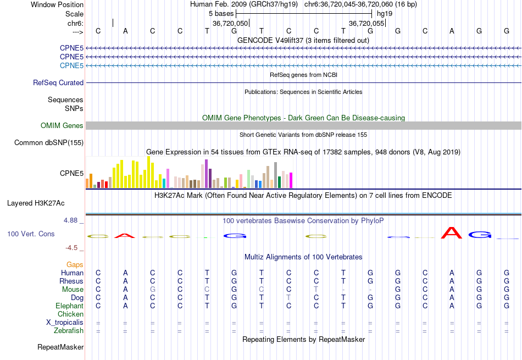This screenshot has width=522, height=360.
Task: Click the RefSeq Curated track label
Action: (58, 82)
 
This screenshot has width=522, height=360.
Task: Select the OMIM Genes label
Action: (62, 125)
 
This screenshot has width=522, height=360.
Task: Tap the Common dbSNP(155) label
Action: (49, 143)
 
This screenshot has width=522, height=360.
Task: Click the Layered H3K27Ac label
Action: (36, 203)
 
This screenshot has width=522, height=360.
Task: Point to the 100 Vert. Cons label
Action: (31, 234)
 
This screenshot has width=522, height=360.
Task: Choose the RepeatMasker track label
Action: (60, 347)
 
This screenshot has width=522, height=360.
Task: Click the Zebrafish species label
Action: (69, 330)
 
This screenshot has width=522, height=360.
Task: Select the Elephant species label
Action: (69, 306)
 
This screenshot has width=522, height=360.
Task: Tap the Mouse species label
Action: (73, 289)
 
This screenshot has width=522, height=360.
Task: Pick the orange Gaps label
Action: (75, 264)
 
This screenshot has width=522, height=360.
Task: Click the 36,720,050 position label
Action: (230, 24)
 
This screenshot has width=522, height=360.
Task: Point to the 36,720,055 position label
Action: (367, 24)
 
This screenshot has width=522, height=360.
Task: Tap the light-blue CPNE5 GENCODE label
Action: (71, 65)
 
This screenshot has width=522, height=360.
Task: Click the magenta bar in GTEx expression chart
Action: (290, 180)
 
